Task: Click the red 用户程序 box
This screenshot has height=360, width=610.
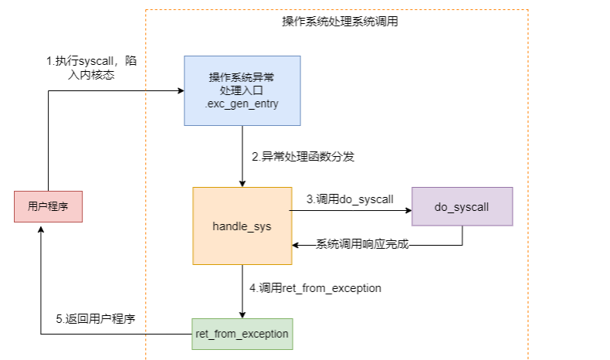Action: (x=49, y=206)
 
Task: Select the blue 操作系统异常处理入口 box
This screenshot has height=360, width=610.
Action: (x=242, y=90)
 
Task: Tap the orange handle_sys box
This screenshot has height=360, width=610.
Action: (x=242, y=226)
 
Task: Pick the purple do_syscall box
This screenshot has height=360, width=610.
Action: (x=462, y=206)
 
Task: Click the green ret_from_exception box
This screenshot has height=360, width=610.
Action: (x=242, y=334)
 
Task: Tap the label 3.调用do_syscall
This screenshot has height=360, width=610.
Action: (x=350, y=199)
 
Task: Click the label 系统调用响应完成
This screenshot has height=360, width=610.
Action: (x=361, y=245)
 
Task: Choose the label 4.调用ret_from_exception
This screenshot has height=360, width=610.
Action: (x=316, y=288)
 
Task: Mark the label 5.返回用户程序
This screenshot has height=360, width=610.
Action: (x=100, y=318)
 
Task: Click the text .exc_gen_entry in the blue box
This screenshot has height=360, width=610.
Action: (x=242, y=104)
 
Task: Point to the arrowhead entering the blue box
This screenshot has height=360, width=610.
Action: (x=180, y=90)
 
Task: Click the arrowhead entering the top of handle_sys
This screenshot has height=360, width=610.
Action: (x=242, y=183)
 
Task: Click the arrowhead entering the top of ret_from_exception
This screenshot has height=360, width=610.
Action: (x=242, y=314)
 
